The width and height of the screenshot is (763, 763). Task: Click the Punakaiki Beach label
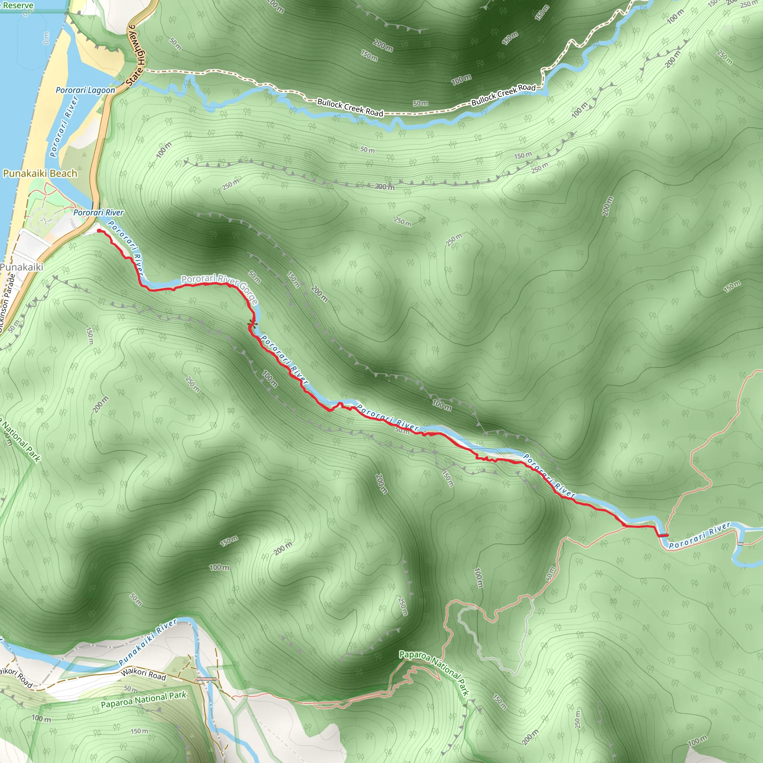pos(40,173)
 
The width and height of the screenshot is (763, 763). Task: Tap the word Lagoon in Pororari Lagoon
pos(102,90)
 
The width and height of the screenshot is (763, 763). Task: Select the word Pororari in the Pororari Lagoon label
pos(72,90)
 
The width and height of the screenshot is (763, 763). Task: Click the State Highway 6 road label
pos(137,56)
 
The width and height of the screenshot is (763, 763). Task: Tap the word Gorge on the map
pos(249,294)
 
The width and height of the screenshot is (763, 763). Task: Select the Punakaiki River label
pos(148,642)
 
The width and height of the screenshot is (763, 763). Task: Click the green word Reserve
pos(18,5)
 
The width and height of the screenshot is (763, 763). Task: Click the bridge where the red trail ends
pos(663,535)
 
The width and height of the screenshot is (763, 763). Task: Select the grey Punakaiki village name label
pos(22,267)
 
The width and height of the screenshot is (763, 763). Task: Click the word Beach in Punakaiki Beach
pos(64,173)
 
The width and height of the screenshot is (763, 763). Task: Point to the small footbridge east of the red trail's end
pos(740,544)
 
